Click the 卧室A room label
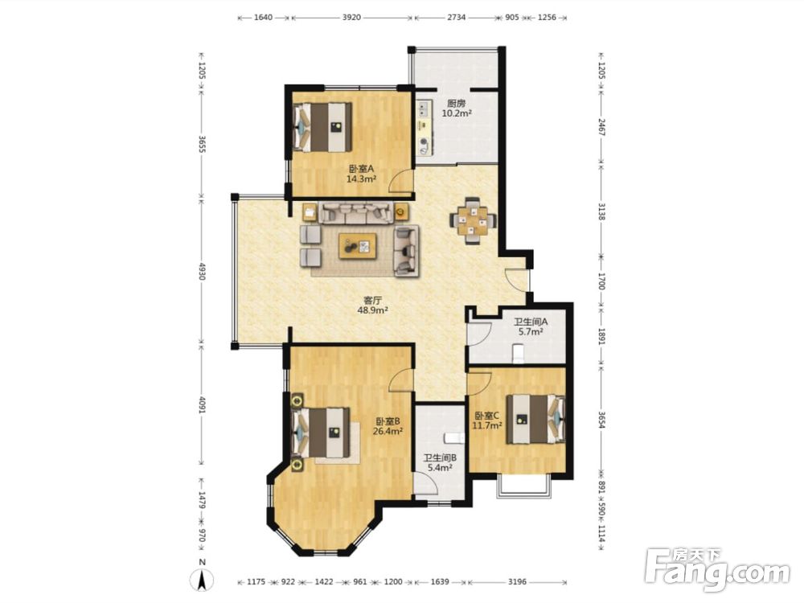tap(362, 169)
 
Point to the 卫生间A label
tap(531, 322)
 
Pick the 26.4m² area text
tap(388, 431)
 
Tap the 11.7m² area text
tap(486, 425)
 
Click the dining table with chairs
tap(474, 220)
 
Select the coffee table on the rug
tap(359, 246)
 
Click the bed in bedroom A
tap(322, 127)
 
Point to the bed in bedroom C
tap(535, 419)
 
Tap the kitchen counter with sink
tap(425, 128)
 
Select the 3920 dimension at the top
tap(351, 18)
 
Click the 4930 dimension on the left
tap(202, 271)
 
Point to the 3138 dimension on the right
tap(602, 211)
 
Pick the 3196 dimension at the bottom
tap(517, 582)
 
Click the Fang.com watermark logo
tap(717, 570)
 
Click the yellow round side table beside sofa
tap(401, 210)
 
